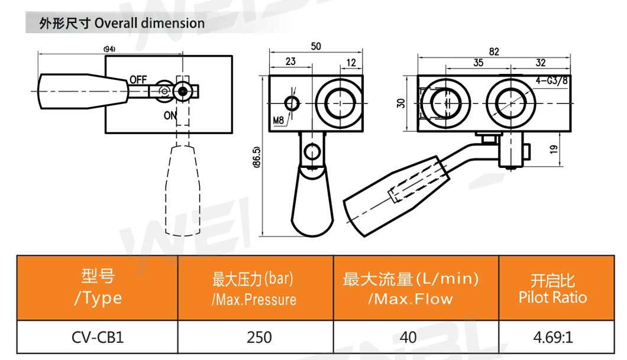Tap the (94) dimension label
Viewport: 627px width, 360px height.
pyautogui.click(x=109, y=48)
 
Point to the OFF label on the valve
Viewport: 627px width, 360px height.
pyautogui.click(x=138, y=79)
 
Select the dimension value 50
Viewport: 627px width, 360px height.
pyautogui.click(x=316, y=47)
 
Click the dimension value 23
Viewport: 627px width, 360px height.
pyautogui.click(x=290, y=61)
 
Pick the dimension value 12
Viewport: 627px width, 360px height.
pyautogui.click(x=351, y=61)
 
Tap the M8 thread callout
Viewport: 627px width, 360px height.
pyautogui.click(x=279, y=122)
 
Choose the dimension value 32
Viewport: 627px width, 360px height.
pyautogui.click(x=541, y=62)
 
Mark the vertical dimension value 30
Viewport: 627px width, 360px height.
pyautogui.click(x=402, y=103)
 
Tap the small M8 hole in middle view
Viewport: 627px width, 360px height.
pyautogui.click(x=291, y=103)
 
